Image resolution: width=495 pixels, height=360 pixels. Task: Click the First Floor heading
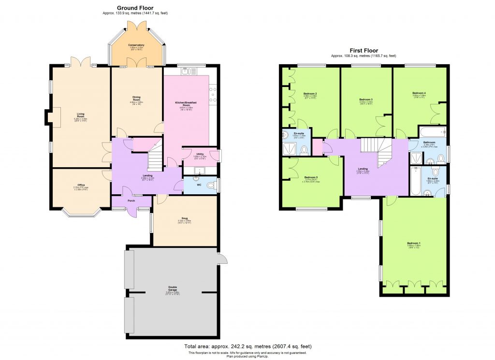coord(364,50)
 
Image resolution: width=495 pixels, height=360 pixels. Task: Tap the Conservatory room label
coord(136,45)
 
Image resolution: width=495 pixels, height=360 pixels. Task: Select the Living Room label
coord(81,115)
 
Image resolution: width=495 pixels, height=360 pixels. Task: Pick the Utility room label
coord(200,154)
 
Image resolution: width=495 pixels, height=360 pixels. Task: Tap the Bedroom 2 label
coord(310,93)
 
